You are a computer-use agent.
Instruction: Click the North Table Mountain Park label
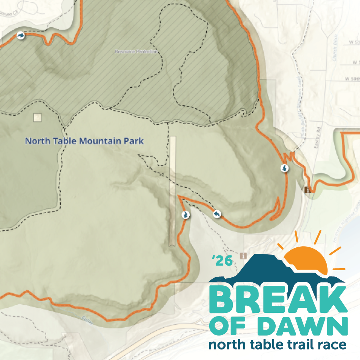(84, 141)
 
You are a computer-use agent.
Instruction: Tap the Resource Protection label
(136, 52)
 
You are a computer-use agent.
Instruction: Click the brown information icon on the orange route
(308, 190)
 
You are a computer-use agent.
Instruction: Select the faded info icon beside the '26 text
(244, 256)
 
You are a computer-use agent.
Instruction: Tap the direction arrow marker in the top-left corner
(21, 35)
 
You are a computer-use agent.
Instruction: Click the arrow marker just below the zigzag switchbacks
(285, 168)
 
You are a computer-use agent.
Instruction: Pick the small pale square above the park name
(37, 117)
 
